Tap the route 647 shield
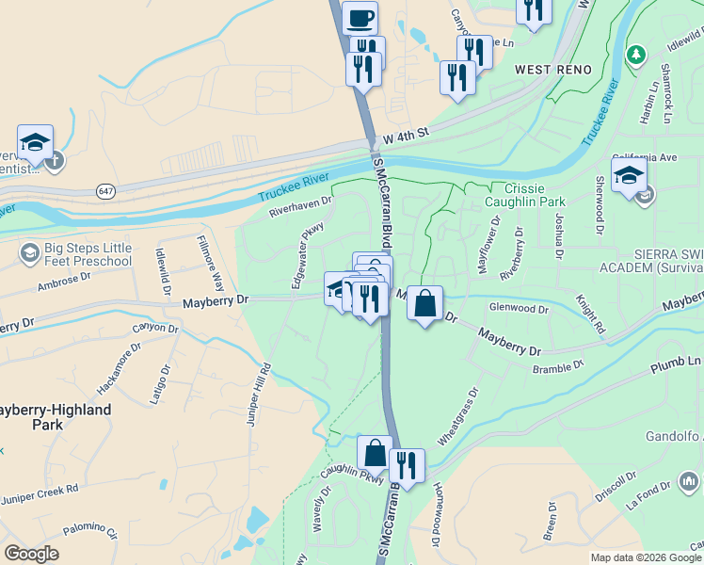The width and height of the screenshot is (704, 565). [x=103, y=191]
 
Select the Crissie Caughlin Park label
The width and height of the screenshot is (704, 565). [x=523, y=195]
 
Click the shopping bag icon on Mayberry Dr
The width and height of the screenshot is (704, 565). [x=425, y=304]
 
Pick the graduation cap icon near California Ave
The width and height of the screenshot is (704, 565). [x=629, y=175]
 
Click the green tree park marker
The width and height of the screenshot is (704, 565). [x=636, y=55]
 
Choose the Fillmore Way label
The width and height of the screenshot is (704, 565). [x=214, y=267]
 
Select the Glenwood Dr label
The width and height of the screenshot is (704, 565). [x=518, y=308]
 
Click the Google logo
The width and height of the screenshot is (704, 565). [x=31, y=554]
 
